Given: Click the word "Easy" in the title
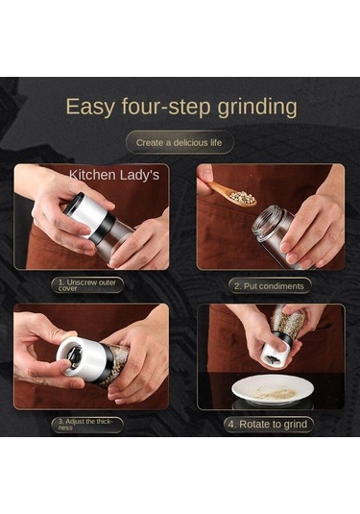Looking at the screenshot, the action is click(90, 107).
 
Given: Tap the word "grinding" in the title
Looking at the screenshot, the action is click(257, 107).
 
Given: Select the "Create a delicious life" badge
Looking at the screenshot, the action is click(180, 142).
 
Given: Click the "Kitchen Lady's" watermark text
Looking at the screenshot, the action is click(114, 175).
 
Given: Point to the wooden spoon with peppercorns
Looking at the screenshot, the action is click(231, 194).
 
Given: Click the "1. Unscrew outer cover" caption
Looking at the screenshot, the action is click(87, 285).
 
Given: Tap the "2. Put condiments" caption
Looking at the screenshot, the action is click(269, 286).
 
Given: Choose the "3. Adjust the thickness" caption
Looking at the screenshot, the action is click(87, 425).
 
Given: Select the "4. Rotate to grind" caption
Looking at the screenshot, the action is click(268, 425).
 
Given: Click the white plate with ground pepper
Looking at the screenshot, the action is click(273, 389).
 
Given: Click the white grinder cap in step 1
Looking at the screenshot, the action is click(86, 213).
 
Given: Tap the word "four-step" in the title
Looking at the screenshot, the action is click(166, 107).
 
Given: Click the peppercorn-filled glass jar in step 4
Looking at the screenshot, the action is click(288, 321).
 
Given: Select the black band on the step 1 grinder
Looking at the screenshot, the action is click(104, 229).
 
